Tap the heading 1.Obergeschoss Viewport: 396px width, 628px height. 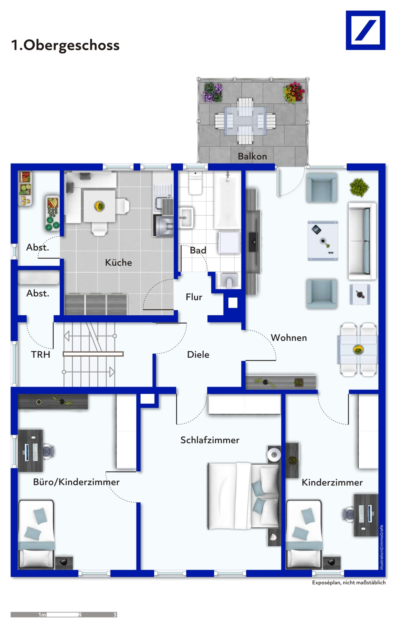65,45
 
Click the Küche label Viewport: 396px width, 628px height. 118,262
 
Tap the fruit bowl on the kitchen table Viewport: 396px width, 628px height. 99,206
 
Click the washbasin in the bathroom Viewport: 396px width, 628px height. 186,218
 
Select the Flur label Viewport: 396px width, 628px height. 194,297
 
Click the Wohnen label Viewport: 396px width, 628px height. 289,338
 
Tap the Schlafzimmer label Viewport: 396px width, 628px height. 210,440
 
